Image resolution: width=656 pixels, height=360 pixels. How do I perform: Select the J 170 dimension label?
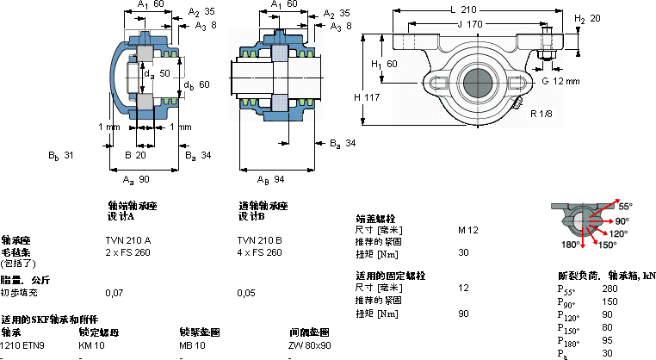472,24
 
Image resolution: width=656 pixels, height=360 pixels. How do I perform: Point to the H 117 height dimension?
367,97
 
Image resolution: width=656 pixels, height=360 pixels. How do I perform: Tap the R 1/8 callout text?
542,115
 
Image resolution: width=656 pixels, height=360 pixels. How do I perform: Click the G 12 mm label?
561,81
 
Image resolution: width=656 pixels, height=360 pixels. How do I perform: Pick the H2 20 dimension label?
587,18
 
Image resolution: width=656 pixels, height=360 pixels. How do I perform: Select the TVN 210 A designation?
127,239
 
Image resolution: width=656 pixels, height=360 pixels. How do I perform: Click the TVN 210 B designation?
259,239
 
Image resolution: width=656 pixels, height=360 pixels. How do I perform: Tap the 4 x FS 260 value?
259,252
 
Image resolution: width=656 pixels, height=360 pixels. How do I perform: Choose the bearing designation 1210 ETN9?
22,345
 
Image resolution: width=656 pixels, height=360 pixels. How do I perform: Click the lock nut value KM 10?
91,345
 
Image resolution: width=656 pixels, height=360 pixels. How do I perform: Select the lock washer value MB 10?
192,345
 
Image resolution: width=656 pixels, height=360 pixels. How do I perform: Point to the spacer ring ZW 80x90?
310,345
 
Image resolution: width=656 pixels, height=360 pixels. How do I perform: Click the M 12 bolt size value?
468,230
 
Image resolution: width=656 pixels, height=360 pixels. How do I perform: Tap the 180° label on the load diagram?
570,245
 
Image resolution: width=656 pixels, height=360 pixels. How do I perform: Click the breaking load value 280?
610,289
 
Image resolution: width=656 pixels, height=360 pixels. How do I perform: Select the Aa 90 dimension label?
137,178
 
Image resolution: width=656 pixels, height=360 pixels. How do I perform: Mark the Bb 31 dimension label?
60,156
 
